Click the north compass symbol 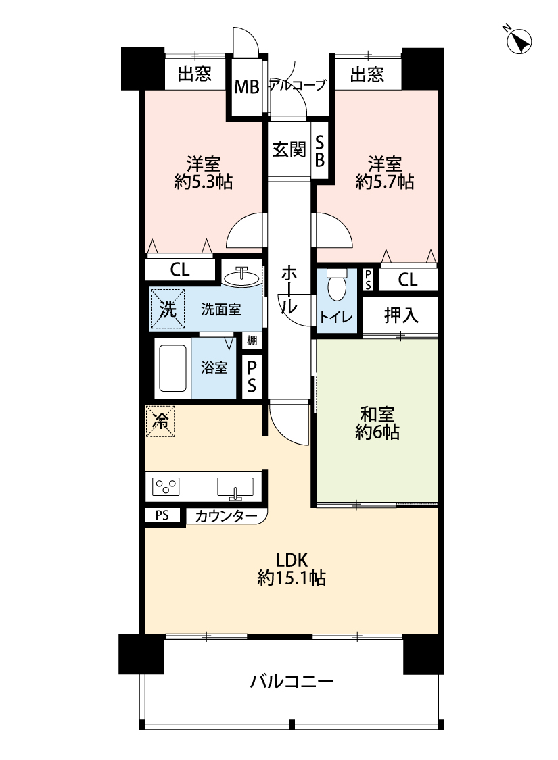coord(518,40)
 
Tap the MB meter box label coord(247,87)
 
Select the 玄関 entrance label coord(289,149)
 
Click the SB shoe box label coord(320,151)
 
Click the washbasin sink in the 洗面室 coord(241,277)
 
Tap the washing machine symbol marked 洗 coord(168,309)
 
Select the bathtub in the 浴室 coord(172,368)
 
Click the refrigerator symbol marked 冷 coord(160,421)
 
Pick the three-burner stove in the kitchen coord(166,486)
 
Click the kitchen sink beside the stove coord(235,487)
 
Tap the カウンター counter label coord(226,516)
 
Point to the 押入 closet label coord(401,315)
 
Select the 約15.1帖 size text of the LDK coord(292,578)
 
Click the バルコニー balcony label coord(292,682)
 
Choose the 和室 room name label coord(377,414)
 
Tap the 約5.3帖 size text coord(204,182)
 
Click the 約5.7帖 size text coord(385,182)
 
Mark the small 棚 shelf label coord(252,340)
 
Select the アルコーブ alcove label coord(298,86)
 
